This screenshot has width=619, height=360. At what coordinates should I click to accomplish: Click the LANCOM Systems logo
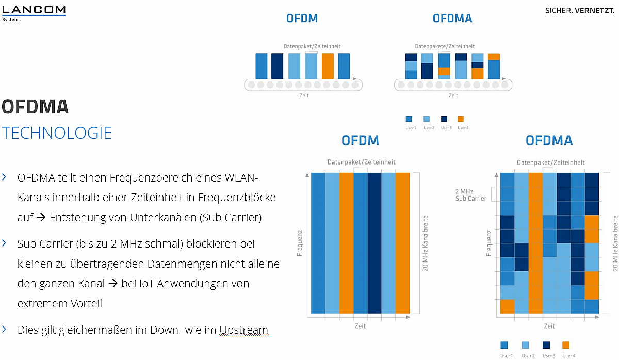pyautogui.click(x=33, y=12)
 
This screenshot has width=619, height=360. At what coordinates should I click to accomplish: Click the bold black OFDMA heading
pyautogui.click(x=35, y=107)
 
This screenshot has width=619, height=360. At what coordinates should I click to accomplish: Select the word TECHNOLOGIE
pyautogui.click(x=57, y=133)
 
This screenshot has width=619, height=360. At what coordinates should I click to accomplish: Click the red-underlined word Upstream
pyautogui.click(x=243, y=330)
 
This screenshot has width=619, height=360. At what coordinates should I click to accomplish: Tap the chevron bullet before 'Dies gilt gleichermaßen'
pyautogui.click(x=5, y=329)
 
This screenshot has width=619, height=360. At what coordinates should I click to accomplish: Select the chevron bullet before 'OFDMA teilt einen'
pyautogui.click(x=5, y=177)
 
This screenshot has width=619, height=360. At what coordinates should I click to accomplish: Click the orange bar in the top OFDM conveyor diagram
pyautogui.click(x=328, y=66)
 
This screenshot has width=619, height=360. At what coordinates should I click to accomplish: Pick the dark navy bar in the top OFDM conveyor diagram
pyautogui.click(x=278, y=66)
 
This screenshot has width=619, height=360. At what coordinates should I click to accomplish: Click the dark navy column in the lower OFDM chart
pyautogui.click(x=374, y=242)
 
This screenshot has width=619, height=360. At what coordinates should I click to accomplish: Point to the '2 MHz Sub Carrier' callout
pyautogui.click(x=470, y=194)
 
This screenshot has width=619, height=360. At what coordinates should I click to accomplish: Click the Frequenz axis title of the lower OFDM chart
pyautogui.click(x=299, y=242)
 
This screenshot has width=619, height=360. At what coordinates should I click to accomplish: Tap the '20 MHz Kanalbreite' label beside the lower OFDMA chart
pyautogui.click(x=615, y=242)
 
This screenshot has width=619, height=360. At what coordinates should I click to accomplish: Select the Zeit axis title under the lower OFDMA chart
pyautogui.click(x=549, y=326)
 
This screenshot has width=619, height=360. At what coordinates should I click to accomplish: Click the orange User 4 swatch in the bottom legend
pyautogui.click(x=566, y=345)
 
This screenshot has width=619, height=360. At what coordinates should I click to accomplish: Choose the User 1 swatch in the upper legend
pyautogui.click(x=409, y=119)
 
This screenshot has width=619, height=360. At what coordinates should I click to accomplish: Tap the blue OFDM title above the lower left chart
pyautogui.click(x=360, y=140)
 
